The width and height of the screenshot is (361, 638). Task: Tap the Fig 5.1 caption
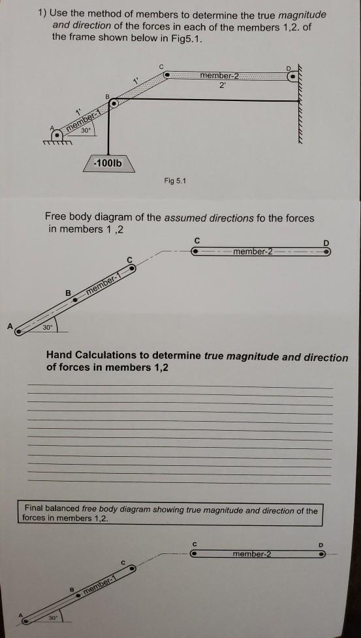click(x=174, y=181)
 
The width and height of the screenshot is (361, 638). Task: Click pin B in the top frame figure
click(x=114, y=103)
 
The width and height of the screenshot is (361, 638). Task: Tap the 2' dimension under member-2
click(x=221, y=85)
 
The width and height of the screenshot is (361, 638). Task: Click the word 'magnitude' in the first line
click(x=301, y=14)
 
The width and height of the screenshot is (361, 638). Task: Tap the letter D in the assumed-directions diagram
click(x=326, y=243)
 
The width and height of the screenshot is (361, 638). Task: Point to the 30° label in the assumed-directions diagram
click(x=47, y=327)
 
